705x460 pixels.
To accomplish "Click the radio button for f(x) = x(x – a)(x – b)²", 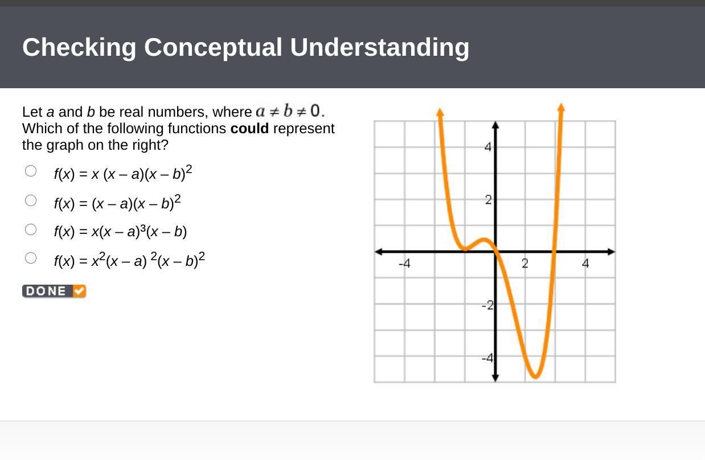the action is [x=31, y=171].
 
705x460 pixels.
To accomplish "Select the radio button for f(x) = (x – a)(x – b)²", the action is [x=31, y=200].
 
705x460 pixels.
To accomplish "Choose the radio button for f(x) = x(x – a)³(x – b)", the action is [x=31, y=229].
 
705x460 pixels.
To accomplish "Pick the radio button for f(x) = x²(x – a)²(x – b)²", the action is [x=31, y=258].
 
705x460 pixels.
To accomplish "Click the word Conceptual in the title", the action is [x=213, y=48].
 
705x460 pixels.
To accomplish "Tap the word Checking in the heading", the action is [x=79, y=48].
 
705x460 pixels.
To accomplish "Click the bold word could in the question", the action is [x=249, y=128].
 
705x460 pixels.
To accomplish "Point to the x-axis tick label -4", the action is [x=404, y=264].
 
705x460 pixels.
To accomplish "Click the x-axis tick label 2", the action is [x=524, y=264].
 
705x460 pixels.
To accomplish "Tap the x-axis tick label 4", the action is [x=585, y=264].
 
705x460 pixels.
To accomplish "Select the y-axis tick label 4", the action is [x=488, y=147].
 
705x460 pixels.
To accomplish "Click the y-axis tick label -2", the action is [x=487, y=305].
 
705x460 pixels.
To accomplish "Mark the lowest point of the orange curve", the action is [x=535, y=376].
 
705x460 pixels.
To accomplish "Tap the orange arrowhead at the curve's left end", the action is [x=440, y=112].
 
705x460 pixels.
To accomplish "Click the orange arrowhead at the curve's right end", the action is [x=561, y=107].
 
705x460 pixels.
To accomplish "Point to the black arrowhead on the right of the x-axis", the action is [x=611, y=252].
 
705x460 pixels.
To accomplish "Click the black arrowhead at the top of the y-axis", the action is [x=495, y=125].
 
